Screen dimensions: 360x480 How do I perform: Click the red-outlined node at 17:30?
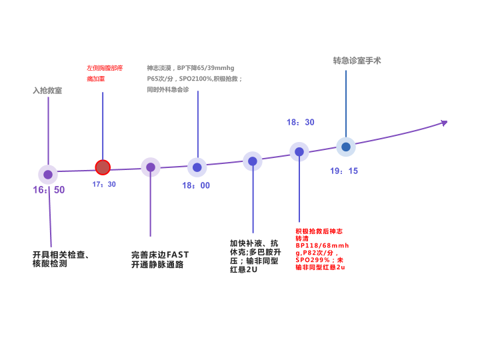pos(103,167)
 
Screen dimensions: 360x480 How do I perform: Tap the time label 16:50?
pos(49,190)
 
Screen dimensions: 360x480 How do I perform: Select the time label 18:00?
pos(196,185)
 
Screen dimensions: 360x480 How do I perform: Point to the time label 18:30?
pos(301,122)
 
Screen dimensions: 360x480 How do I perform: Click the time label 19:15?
pos(344,171)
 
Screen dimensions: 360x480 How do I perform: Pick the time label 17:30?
pos(104,184)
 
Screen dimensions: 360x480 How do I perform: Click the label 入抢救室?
pos(47,91)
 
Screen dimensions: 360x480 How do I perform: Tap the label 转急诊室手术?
pos(357,61)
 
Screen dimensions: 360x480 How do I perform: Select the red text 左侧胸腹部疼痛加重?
pos(105,73)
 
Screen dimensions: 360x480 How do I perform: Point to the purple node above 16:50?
pos(48,175)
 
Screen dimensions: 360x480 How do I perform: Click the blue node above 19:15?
pos(345,147)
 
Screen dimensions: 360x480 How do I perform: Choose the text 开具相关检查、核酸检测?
pos(61,259)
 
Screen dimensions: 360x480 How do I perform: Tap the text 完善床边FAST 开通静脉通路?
pos(160,259)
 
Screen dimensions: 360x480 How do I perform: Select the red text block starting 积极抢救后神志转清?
pos(322,249)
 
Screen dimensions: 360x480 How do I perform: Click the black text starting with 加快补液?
pos(255,256)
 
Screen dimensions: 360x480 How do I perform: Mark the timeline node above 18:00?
pos(197,167)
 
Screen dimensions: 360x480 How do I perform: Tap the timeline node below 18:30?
pos(299,152)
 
